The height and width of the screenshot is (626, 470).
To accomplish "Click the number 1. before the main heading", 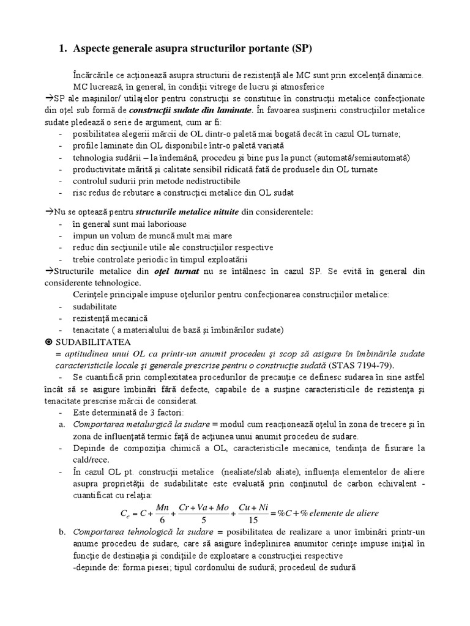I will click(x=64, y=48).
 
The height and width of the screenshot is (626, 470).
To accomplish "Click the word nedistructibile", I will click(x=207, y=181).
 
